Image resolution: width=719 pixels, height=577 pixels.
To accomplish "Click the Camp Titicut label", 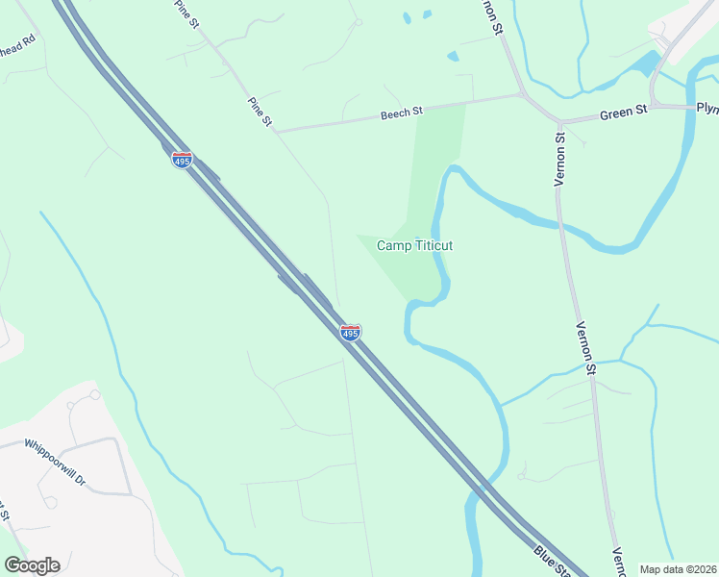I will [414, 245].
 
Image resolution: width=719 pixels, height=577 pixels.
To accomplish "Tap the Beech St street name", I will [402, 113].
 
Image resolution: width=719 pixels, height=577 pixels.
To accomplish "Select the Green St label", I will [624, 113].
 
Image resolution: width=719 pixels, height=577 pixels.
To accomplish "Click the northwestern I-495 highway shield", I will [182, 160].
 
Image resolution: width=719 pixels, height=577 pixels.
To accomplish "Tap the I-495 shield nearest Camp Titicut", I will [351, 333].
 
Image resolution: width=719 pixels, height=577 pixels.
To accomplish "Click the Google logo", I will [32, 564].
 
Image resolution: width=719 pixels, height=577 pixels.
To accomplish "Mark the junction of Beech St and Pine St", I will [277, 131].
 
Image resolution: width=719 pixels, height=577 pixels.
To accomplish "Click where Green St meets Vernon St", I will [559, 122].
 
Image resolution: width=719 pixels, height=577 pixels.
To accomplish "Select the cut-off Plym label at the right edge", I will [707, 107].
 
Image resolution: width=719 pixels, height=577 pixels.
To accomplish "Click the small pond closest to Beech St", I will [452, 57].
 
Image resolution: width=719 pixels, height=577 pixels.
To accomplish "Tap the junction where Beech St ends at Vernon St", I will [520, 94].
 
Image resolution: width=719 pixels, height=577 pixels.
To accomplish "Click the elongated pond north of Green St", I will [642, 64].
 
